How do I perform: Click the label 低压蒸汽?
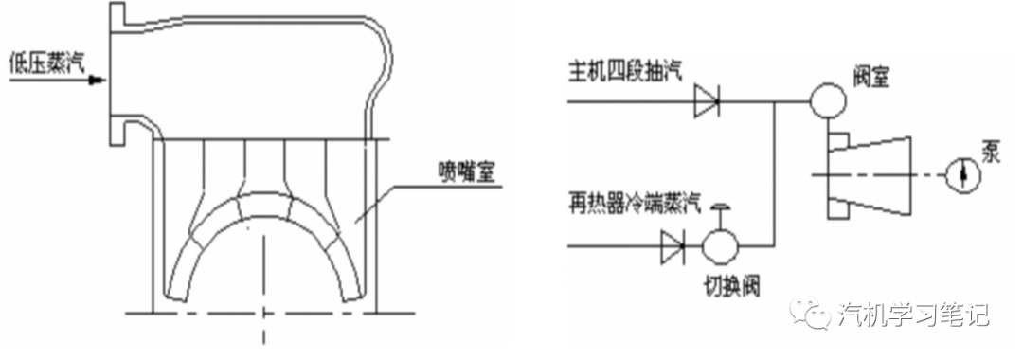[x=45, y=63]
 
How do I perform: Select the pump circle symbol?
[x=960, y=174]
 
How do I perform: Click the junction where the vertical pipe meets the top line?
[x=776, y=98]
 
